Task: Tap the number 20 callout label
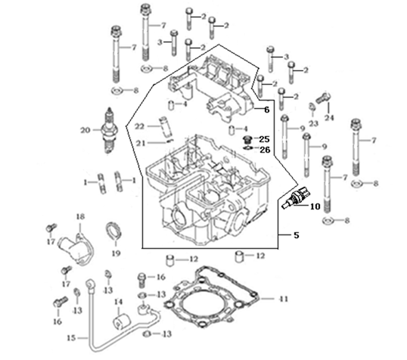point(85,130)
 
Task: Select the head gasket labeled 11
point(212,299)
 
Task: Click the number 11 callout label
point(284,299)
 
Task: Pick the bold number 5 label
point(296,235)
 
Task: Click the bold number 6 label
point(266,110)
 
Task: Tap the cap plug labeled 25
point(247,141)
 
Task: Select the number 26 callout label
point(265,150)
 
